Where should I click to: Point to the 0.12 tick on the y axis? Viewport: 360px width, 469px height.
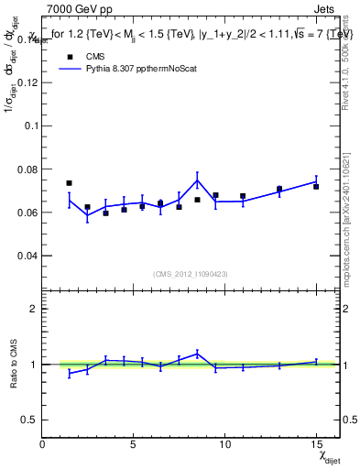[26, 82]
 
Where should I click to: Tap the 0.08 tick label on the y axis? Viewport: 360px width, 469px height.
[26, 169]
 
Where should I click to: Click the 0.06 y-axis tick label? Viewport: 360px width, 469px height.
[26, 213]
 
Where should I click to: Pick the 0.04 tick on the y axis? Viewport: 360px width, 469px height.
[26, 256]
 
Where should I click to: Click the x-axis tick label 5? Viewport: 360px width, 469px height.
[134, 444]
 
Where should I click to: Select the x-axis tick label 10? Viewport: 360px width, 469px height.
[224, 444]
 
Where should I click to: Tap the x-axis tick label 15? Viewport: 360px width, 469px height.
[315, 444]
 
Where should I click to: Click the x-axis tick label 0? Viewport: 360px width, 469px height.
[43, 444]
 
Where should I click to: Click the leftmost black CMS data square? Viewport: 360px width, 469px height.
[70, 183]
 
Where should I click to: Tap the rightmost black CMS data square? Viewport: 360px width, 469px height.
[316, 186]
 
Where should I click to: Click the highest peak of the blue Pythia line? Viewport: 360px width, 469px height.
[197, 178]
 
